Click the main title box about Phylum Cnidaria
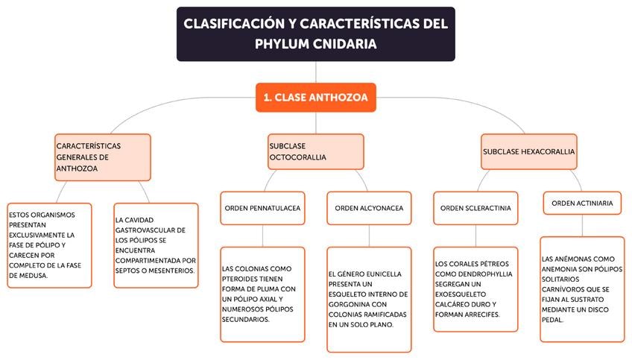315,34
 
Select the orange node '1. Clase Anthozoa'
315,97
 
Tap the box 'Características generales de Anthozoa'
103,157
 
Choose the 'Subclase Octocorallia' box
315,151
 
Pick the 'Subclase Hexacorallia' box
528,151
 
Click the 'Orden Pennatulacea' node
262,208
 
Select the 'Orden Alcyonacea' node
369,208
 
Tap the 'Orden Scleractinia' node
475,208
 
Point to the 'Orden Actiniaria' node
582,203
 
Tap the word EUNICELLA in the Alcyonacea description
380,274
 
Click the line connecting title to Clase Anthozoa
315,72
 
